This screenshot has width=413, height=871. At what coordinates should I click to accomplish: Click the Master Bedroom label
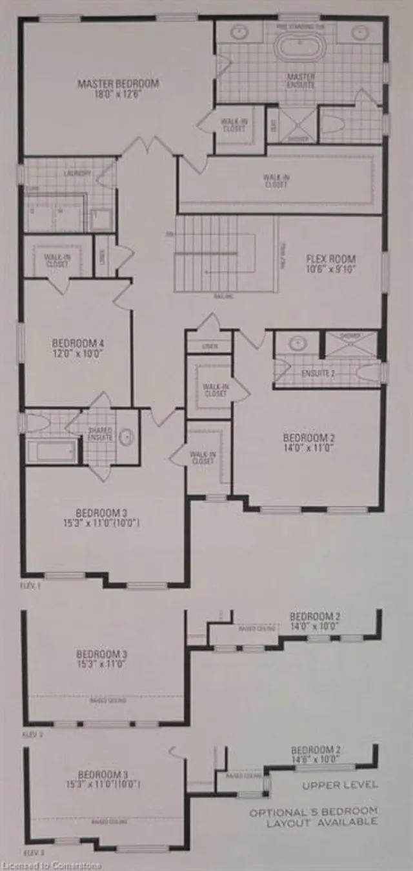click(118, 83)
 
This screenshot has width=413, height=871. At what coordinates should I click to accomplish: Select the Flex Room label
click(331, 259)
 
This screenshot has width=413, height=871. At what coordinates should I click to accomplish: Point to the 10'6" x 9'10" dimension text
click(331, 271)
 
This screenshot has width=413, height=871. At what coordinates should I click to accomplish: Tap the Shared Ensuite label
click(101, 434)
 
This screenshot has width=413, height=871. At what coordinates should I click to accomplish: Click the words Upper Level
click(339, 785)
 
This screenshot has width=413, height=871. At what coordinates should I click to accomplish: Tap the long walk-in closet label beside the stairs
click(276, 180)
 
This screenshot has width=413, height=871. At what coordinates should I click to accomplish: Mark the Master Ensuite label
click(301, 80)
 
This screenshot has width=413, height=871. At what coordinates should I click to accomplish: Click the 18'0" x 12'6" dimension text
click(118, 94)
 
